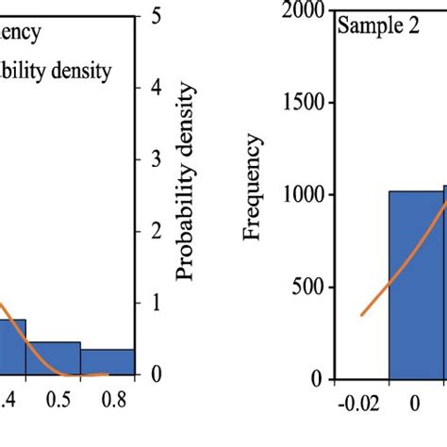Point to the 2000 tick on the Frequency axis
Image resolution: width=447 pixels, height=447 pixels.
[301, 10]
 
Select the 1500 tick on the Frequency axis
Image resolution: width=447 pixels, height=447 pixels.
[301, 103]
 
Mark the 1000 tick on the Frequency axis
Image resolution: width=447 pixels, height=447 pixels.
[301, 195]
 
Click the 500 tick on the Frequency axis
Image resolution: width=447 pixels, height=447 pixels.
[306, 288]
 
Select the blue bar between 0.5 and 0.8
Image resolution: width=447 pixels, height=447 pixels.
[107, 362]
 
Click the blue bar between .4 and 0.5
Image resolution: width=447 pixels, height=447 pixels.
[54, 358]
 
